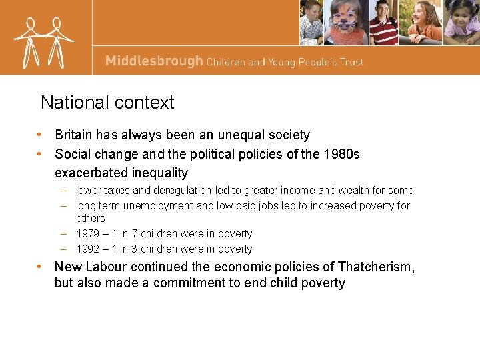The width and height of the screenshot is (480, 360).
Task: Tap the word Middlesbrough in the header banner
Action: (x=153, y=61)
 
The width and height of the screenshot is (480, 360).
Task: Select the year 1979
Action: (x=88, y=234)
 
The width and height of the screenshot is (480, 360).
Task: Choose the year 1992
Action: (x=88, y=249)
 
